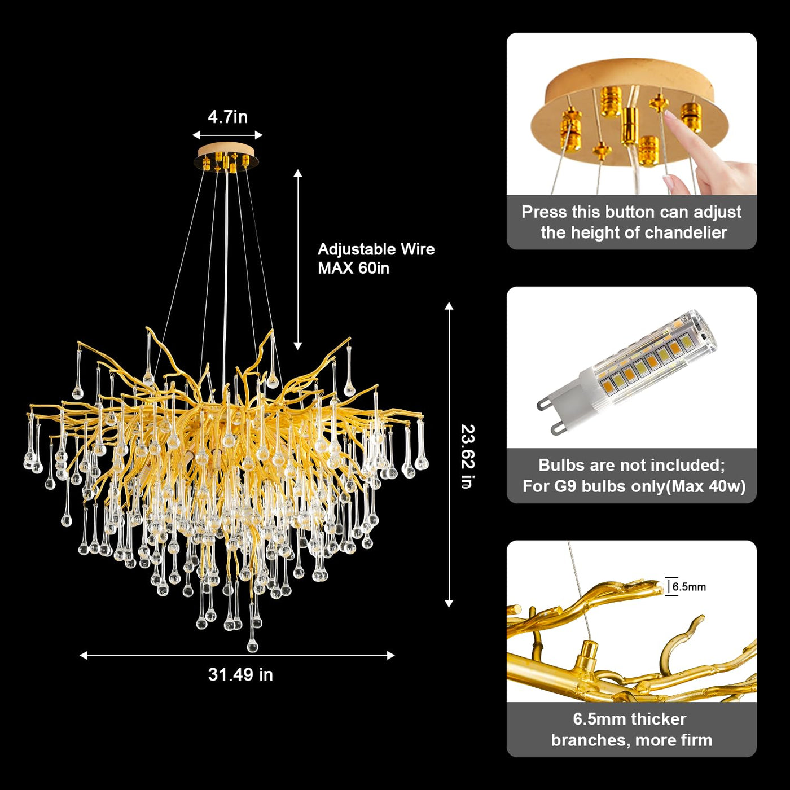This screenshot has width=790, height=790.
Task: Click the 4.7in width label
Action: click(x=227, y=117)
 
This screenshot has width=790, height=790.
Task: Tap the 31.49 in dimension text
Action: click(x=240, y=674)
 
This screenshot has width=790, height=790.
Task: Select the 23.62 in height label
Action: click(x=468, y=457)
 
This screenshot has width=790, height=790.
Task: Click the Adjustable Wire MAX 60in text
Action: click(x=376, y=258)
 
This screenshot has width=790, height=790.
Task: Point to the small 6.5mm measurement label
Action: click(x=689, y=587)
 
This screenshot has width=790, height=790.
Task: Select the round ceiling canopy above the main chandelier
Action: click(x=226, y=157)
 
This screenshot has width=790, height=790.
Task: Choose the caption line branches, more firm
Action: click(x=631, y=740)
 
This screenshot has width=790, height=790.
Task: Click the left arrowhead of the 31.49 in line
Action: click(x=83, y=656)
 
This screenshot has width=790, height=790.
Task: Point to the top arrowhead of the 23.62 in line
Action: click(x=449, y=306)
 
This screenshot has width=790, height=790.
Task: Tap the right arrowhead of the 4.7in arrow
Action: click(x=258, y=135)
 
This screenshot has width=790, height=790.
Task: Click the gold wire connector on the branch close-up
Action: click(x=587, y=655)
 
